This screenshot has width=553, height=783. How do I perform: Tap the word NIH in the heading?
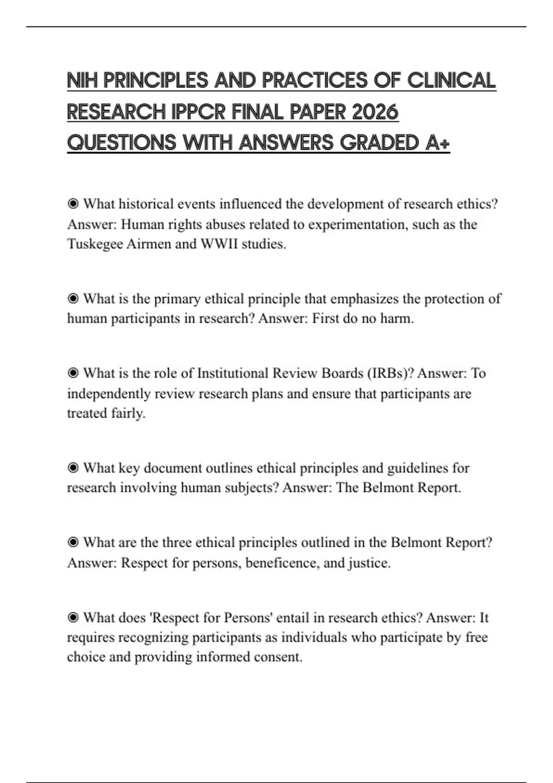[x=82, y=81]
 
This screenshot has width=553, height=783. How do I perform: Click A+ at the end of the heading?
[x=437, y=143]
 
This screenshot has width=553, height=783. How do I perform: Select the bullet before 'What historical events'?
[x=73, y=204]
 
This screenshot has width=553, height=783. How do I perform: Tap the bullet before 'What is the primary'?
[x=73, y=299]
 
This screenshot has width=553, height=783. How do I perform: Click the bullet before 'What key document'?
[x=73, y=468]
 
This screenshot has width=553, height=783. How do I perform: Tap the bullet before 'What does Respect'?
[x=73, y=617]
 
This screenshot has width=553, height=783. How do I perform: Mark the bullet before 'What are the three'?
[x=73, y=543]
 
